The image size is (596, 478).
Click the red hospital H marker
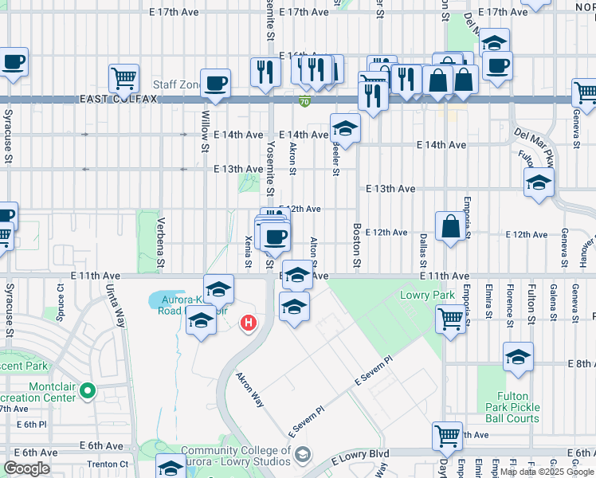click(x=249, y=323)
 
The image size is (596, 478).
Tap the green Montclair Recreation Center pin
click(x=88, y=391)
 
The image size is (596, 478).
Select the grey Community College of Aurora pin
click(x=302, y=455)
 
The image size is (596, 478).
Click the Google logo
click(x=26, y=468)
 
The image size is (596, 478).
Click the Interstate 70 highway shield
click(x=305, y=101)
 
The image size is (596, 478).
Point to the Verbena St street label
click(x=160, y=242)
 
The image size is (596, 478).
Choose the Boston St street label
click(x=356, y=245)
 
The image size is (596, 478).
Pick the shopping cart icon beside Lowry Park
click(x=450, y=319)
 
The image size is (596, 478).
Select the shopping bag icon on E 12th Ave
click(x=450, y=225)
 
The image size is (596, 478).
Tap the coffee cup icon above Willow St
click(x=216, y=82)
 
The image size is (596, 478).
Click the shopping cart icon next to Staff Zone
click(x=124, y=77)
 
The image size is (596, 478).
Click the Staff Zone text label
click(x=176, y=84)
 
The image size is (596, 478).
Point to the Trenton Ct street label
click(x=107, y=464)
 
